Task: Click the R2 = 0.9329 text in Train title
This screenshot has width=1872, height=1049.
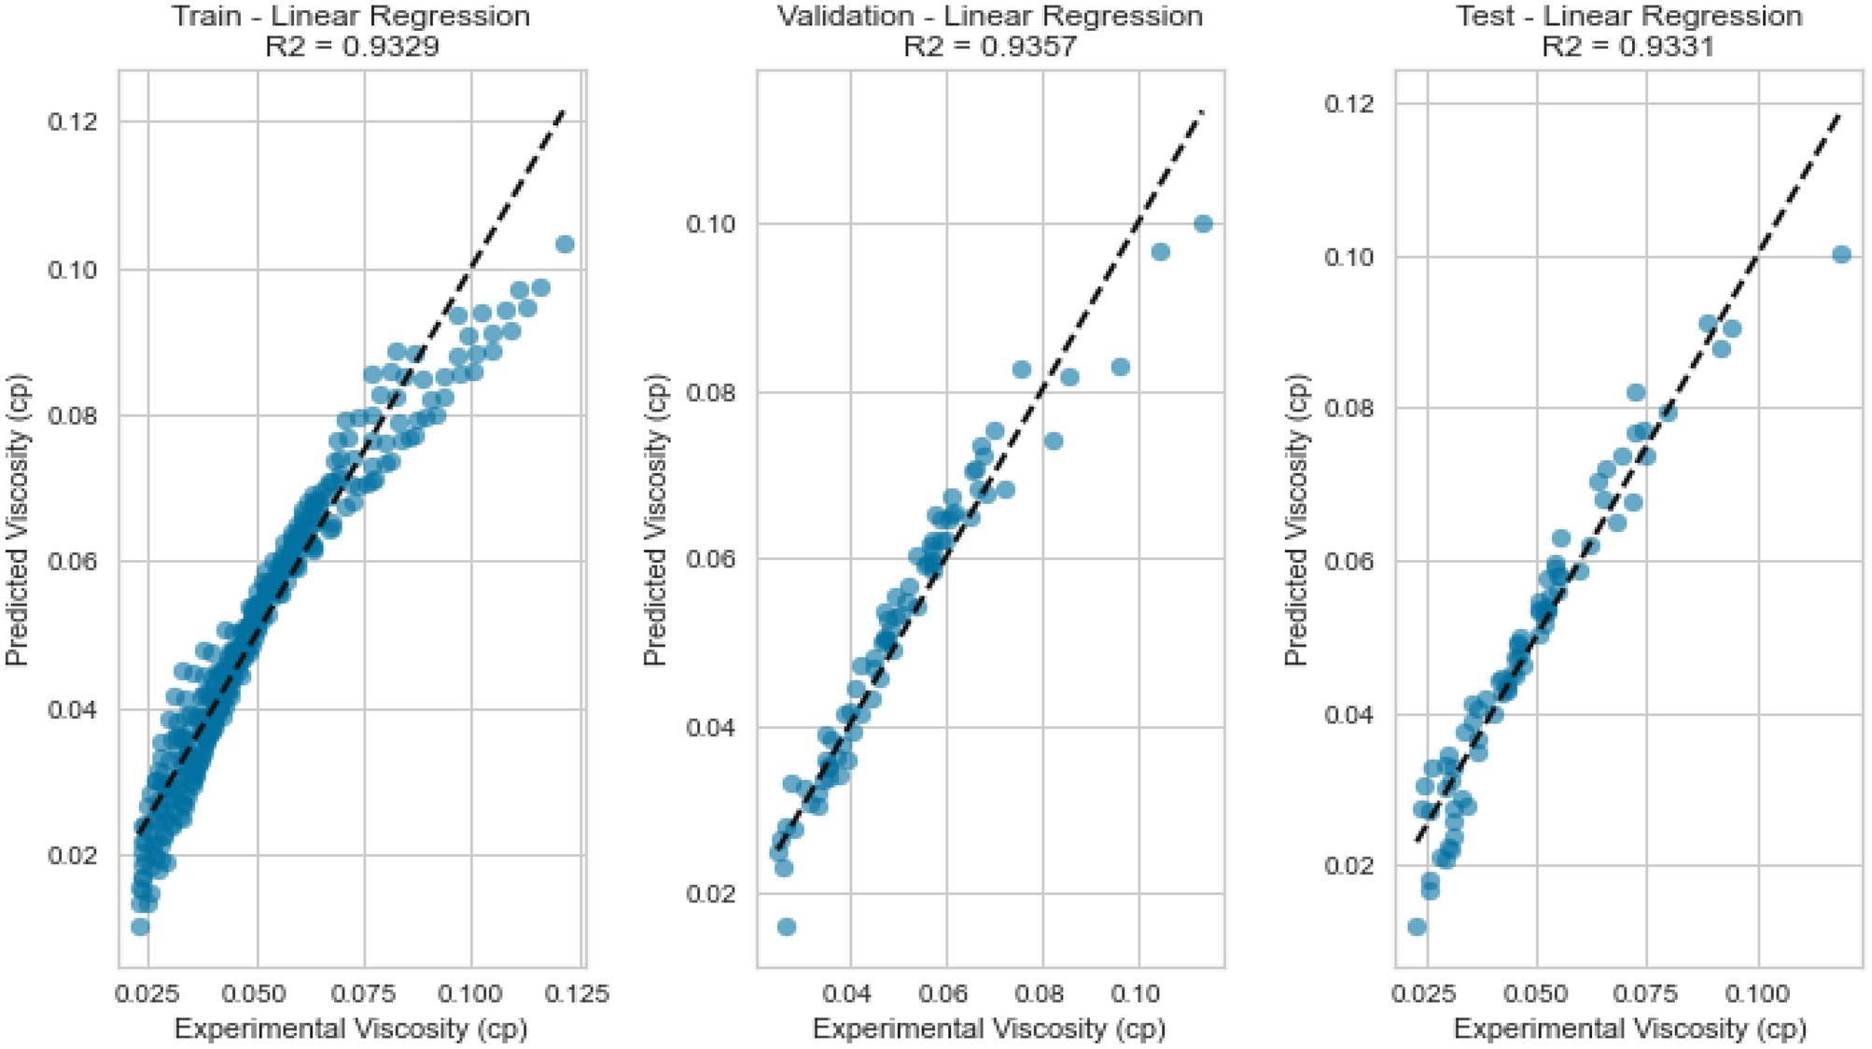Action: (352, 47)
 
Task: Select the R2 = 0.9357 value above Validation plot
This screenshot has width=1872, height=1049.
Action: (990, 47)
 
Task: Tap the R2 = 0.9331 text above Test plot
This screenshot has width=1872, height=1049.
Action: (1628, 47)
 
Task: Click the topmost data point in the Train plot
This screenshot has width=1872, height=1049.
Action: (564, 245)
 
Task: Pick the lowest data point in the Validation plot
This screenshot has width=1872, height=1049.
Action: (787, 927)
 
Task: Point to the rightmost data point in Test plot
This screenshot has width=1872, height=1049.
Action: (1841, 255)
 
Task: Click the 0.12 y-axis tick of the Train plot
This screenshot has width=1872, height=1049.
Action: (72, 122)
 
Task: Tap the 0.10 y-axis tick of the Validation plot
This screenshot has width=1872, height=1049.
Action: (710, 224)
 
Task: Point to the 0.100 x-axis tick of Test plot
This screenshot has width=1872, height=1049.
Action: (1759, 993)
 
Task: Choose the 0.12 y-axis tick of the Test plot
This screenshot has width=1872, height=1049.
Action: (1348, 103)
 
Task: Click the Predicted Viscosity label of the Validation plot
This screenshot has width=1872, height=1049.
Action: (656, 520)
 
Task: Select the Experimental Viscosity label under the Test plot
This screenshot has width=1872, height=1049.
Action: (1629, 1028)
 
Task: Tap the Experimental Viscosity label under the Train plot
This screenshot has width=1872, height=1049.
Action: (351, 1028)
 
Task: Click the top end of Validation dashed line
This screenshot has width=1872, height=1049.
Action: (1203, 111)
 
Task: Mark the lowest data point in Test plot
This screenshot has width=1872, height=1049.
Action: (1417, 927)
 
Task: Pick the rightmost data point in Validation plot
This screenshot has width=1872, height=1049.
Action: (1203, 224)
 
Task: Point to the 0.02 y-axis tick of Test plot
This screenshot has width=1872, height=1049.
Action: (1348, 866)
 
